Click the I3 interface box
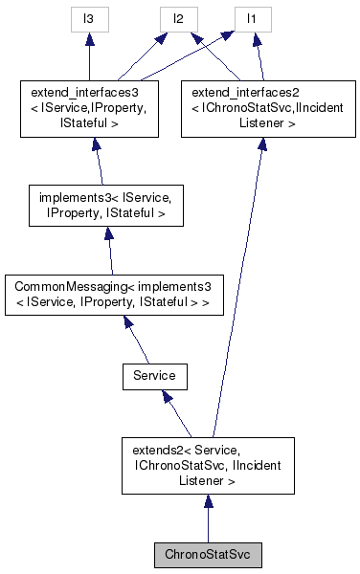(x=88, y=18)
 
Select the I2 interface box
(x=177, y=18)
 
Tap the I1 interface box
(x=252, y=18)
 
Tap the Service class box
(x=154, y=376)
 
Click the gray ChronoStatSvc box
(x=207, y=555)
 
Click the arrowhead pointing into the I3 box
(x=88, y=38)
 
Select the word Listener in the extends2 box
(x=208, y=481)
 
